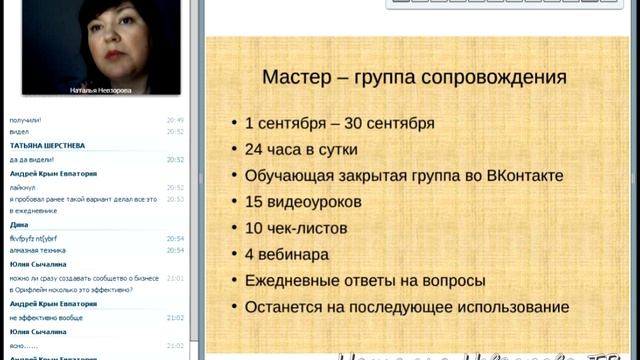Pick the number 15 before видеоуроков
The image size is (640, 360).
pos(254,202)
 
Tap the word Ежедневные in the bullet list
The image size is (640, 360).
pos(296,281)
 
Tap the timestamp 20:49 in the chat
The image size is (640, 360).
pos(175,118)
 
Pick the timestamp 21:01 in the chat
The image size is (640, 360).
pos(175,278)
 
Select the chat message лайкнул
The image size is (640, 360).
pos(23,186)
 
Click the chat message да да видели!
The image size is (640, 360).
pos(32,159)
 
